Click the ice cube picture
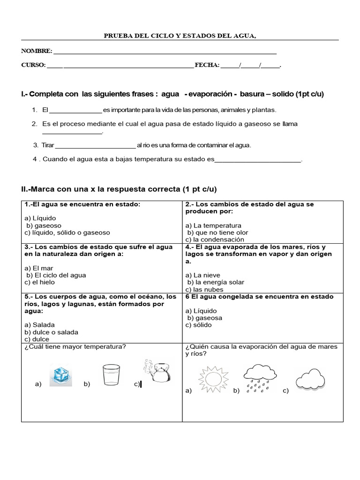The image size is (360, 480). point(61,376)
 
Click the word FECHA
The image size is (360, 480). point(206,65)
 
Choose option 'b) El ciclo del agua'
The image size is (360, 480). point(56,275)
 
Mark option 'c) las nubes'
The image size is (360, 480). point(206,289)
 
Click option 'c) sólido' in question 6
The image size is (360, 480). point(199,325)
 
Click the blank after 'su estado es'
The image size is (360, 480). point(257,160)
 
